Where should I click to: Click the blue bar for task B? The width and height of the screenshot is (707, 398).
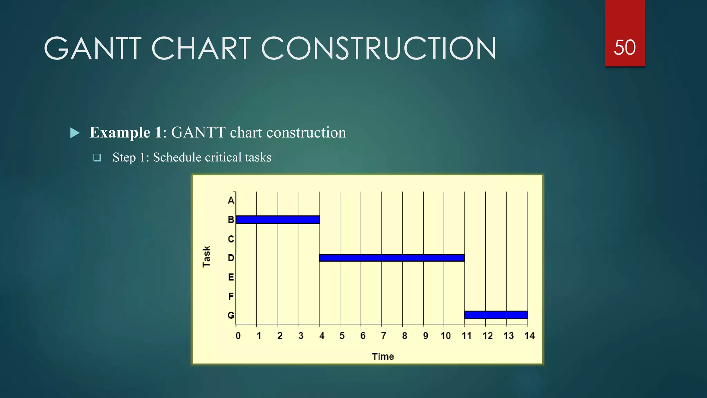pos(278,220)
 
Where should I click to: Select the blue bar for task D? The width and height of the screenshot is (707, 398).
pos(392,258)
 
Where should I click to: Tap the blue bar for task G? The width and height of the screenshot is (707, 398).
pos(496,315)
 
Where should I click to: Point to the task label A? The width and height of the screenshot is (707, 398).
pos(231,200)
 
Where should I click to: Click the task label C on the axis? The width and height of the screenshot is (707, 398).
pos(231,239)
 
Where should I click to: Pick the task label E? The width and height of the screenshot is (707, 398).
pos(231,277)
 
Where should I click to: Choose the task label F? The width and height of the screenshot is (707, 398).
pos(231,296)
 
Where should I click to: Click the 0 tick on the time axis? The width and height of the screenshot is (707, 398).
pos(238,336)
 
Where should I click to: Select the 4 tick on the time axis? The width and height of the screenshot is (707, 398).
pos(322,336)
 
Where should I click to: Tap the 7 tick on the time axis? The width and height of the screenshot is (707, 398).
pos(384,336)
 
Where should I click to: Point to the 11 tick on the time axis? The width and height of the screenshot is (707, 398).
pos(466,336)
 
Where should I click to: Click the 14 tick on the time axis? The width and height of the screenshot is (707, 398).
pos(529,336)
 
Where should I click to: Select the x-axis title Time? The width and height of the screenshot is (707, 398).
pos(382,357)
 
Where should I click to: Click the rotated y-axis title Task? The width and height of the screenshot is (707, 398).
pos(206,257)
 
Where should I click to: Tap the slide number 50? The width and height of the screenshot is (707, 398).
pos(624,48)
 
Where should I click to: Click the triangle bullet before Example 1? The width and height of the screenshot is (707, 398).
pos(75,133)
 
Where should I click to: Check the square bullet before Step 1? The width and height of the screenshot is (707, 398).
pos(97,158)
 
